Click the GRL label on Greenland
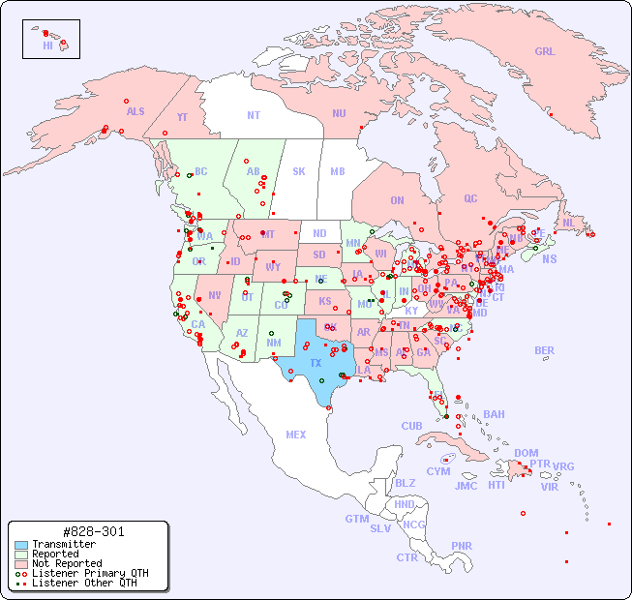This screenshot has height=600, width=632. pos(545,51)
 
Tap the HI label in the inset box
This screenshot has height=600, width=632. pos(47,45)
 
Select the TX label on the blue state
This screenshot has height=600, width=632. pos(316,363)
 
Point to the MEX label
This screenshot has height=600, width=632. pos(296,435)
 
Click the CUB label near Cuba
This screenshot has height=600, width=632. pos(412,426)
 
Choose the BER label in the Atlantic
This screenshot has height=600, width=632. pos(544,350)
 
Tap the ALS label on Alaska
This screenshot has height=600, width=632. pos(135,111)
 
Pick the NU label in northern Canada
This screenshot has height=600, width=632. pos(339,113)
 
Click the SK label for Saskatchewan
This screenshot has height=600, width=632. pos(299,171)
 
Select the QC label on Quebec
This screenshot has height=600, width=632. pos(470,198)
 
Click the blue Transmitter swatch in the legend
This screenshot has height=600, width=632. pos(21,545)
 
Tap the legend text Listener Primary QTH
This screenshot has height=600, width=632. pos(90,573)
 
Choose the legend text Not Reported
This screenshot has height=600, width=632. pos(67,563)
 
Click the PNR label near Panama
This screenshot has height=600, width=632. pos(462,546)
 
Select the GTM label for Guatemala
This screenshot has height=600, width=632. pos(357,519)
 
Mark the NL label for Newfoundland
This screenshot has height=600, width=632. pos(568,222)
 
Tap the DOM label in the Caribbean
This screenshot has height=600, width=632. pos(526,453)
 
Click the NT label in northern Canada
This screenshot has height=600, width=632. pos(254,114)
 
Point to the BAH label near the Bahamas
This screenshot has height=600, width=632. pos(494,414)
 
